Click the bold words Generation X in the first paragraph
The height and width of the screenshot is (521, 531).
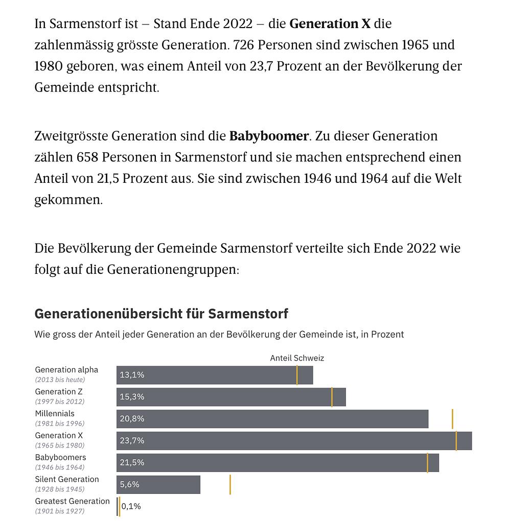[330, 24]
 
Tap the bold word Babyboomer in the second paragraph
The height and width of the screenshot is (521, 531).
[269, 136]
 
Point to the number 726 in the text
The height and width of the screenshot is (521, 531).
[243, 45]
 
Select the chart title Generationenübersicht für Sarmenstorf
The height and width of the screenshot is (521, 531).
[161, 313]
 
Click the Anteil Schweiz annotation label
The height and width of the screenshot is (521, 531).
[297, 358]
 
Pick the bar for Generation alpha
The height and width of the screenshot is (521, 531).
[215, 375]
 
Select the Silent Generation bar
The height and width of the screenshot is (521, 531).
[158, 484]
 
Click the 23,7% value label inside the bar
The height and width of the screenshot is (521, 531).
[132, 440]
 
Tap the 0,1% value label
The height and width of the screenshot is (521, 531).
[131, 506]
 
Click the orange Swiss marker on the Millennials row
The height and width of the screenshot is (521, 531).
[452, 419]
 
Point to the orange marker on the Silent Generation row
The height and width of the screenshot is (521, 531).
[230, 484]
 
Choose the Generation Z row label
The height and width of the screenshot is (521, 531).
[59, 392]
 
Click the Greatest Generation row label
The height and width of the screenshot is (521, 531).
[72, 501]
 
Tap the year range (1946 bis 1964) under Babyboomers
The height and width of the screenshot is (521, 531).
[60, 467]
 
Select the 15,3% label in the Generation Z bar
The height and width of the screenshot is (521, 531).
[132, 397]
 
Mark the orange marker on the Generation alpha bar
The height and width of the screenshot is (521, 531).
[297, 375]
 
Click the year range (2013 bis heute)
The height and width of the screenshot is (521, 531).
[60, 380]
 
